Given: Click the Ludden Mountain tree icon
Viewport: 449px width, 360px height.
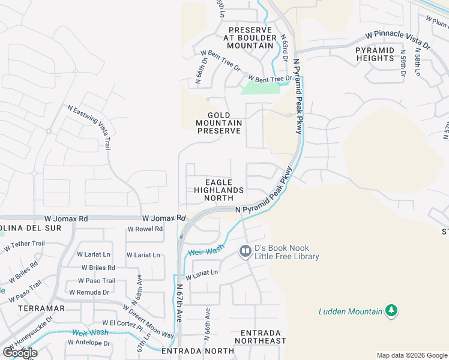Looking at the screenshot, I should pyautogui.click(x=391, y=310).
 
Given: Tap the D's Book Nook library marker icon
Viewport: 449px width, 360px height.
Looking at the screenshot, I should pyautogui.click(x=245, y=251).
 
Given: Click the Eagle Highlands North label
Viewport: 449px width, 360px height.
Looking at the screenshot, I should pyautogui.click(x=218, y=190).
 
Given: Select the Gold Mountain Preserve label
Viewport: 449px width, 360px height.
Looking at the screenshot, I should pyautogui.click(x=219, y=122).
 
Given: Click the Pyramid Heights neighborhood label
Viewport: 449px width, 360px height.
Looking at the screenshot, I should pyautogui.click(x=375, y=54).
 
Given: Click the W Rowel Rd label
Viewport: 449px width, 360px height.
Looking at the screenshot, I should pyautogui.click(x=145, y=229).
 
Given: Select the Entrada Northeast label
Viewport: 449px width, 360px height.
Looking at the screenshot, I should pyautogui.click(x=263, y=337).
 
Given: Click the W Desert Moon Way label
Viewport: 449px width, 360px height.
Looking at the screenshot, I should pyautogui.click(x=148, y=321).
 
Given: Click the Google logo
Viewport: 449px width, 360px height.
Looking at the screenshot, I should pyautogui.click(x=19, y=353).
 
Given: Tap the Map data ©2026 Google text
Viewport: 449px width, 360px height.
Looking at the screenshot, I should pyautogui.click(x=412, y=355).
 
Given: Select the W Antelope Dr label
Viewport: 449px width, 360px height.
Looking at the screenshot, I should pyautogui.click(x=89, y=343).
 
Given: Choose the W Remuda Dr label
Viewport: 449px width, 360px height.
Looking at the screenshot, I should pyautogui.click(x=89, y=292).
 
